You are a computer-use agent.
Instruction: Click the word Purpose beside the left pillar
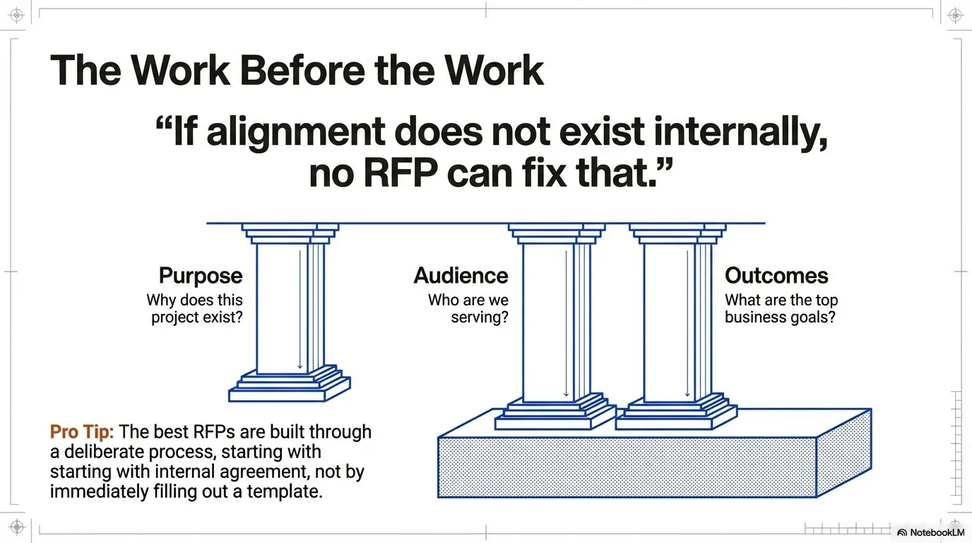pos(201,276)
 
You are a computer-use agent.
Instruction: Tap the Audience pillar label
pos(461,276)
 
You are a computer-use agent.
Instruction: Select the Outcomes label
pos(776,276)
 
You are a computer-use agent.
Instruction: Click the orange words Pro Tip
pos(81,432)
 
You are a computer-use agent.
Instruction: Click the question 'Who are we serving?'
pos(468,308)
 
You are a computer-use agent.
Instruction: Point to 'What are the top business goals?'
pos(781,308)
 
